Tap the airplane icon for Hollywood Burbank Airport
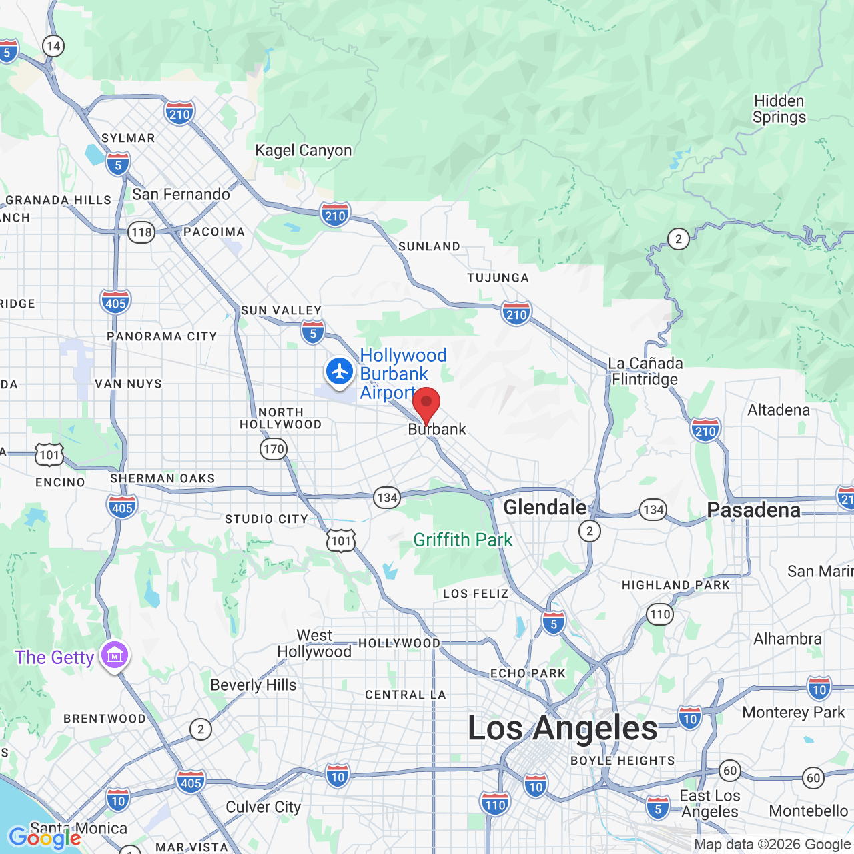coord(340,371)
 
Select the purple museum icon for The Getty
coord(115,655)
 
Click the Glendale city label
coord(544,507)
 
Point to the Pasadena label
coord(753,510)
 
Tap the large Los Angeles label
coord(562,728)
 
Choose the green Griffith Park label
coord(463,540)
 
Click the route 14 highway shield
coord(53,46)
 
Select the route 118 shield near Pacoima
coord(141,232)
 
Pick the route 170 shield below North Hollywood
coord(274,449)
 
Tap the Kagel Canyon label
coord(303,151)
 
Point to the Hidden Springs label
coord(779,109)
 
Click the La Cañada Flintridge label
coord(645,372)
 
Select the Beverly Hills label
coord(254,685)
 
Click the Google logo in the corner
coord(45,837)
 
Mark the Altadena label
coord(779,410)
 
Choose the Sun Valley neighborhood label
coord(281,310)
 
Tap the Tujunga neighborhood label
coord(498,278)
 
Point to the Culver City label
coord(263,807)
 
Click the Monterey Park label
coord(793,712)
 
